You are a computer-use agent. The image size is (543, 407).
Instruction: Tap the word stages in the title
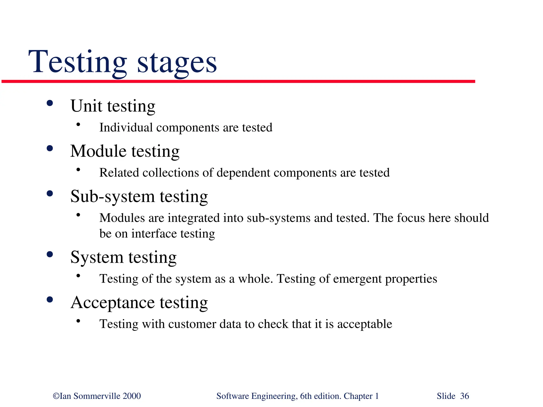177,64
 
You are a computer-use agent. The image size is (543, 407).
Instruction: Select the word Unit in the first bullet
86,106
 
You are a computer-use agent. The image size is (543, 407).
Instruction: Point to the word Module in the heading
98,151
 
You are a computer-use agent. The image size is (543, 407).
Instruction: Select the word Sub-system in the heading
112,197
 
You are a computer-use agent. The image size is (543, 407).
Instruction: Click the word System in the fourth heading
97,257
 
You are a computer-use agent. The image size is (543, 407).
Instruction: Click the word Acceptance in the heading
112,302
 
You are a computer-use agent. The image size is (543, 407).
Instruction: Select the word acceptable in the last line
365,324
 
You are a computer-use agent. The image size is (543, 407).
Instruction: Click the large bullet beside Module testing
50,148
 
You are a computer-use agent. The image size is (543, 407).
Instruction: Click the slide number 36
465,396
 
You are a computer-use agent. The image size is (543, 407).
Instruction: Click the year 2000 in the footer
132,396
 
